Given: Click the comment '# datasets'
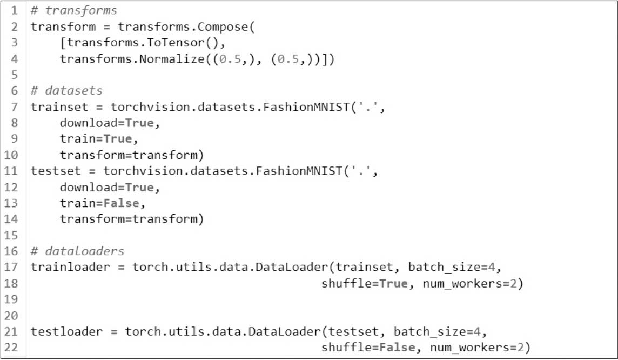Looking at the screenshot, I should pyautogui.click(x=66, y=90).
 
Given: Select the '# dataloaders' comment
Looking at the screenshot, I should pyautogui.click(x=77, y=251).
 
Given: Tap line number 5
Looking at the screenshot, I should pyautogui.click(x=15, y=75).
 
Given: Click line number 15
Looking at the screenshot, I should pyautogui.click(x=12, y=235).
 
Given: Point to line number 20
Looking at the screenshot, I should pyautogui.click(x=12, y=315).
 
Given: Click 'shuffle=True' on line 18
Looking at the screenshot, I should pyautogui.click(x=365, y=283).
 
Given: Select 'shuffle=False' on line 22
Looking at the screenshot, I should pyautogui.click(x=368, y=348).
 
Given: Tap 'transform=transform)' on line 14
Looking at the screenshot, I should pyautogui.click(x=132, y=219).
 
